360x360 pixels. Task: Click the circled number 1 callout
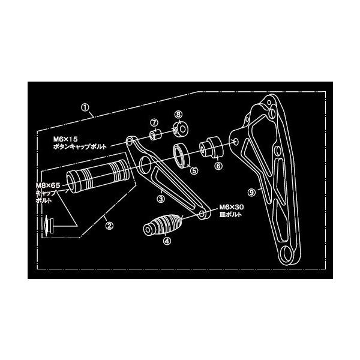86,109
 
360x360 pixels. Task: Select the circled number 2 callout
109,226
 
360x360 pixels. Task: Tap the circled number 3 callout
161,197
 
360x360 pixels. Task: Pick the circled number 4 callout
167,241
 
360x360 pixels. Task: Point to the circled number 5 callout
194,170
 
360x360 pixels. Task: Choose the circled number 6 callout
218,164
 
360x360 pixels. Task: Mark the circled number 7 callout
154,122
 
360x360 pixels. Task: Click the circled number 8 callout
178,114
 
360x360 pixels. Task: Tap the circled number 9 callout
251,193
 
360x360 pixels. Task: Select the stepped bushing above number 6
212,148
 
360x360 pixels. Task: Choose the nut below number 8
179,128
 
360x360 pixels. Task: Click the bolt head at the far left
47,226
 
